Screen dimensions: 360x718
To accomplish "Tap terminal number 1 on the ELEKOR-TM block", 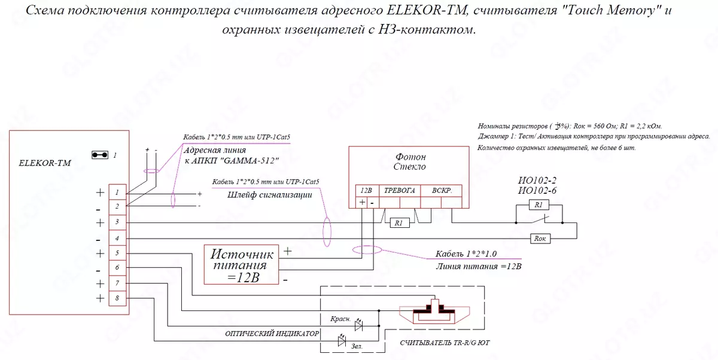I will (117, 192).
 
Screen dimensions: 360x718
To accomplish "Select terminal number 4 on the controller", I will (117, 239).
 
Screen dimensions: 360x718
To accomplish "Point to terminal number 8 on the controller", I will (117, 298).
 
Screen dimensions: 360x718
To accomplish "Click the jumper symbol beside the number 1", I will (99, 155).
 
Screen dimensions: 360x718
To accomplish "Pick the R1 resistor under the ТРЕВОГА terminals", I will (398, 223).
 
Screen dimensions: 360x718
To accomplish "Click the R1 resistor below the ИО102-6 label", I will (538, 205).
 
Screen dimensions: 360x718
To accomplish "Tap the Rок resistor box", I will (540, 239).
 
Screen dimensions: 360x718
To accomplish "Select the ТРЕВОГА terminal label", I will (399, 190).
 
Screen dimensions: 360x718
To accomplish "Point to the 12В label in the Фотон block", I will (366, 190).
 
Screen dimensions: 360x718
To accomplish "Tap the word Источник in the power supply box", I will (243, 254).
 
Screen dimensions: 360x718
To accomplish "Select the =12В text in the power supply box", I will (243, 277).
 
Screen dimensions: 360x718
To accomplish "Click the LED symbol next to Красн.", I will (359, 326).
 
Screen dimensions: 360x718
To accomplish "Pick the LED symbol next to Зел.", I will (342, 341).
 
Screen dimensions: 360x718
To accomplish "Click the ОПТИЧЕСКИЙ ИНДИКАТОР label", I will (272, 333).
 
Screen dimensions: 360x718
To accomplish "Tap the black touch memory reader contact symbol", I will (435, 311).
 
